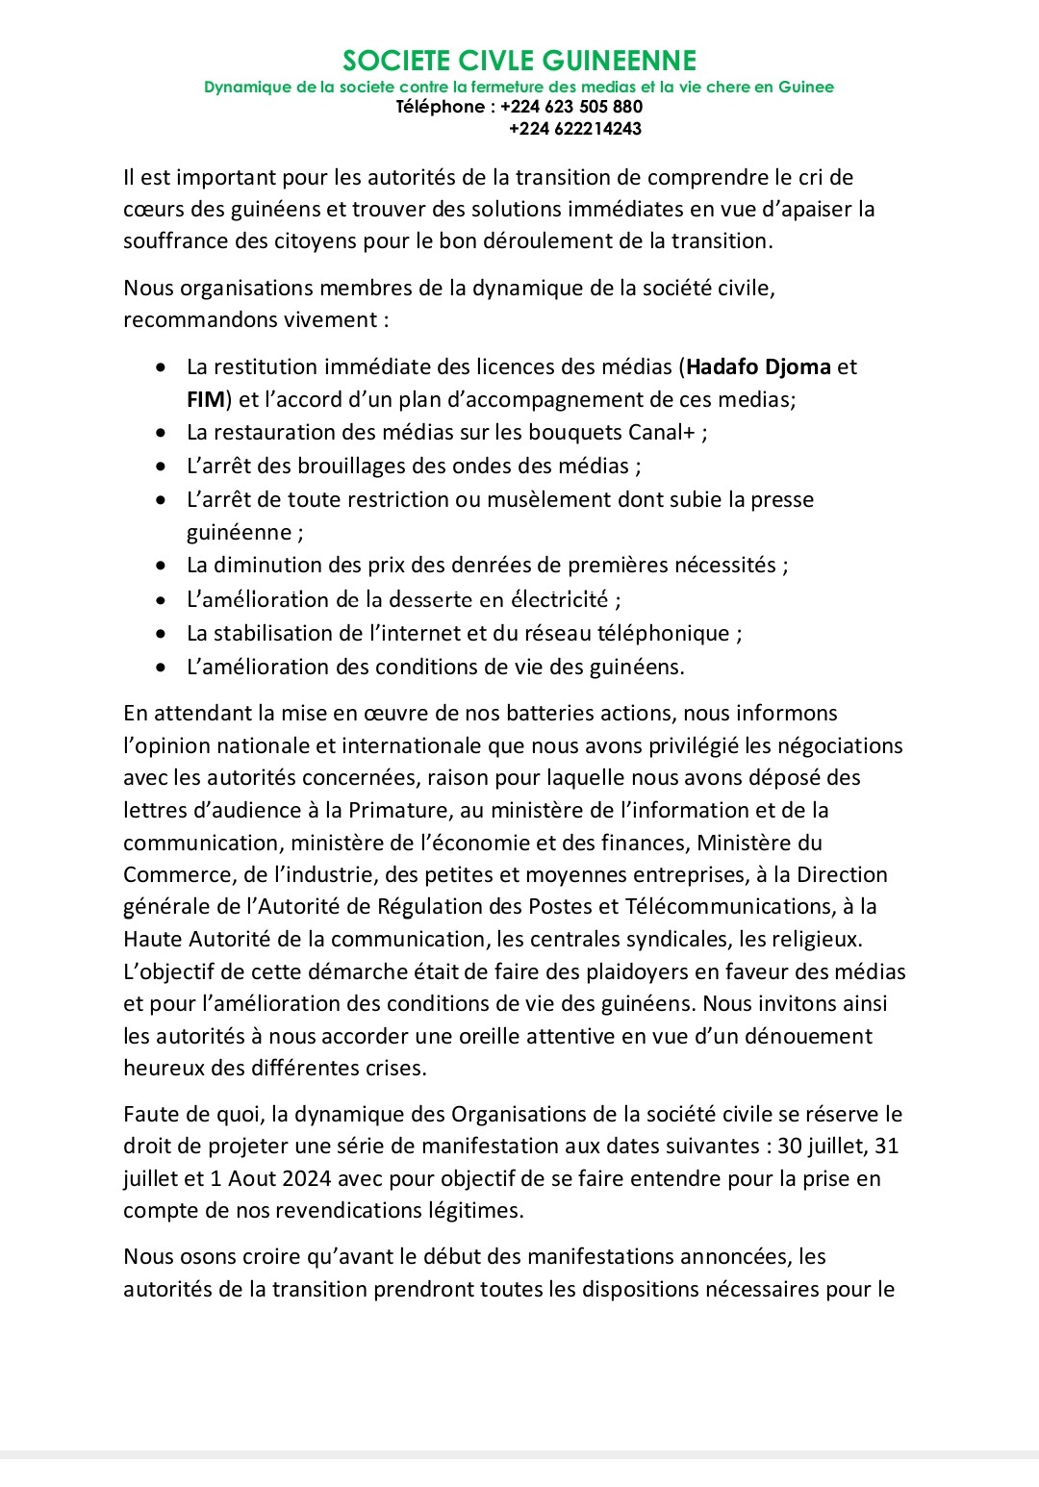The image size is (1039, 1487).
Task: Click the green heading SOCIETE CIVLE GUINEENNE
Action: click(x=519, y=61)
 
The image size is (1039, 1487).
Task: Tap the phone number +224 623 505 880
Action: click(x=571, y=107)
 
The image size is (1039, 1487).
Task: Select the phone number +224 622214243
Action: click(x=575, y=129)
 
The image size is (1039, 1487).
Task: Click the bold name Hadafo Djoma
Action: click(x=758, y=366)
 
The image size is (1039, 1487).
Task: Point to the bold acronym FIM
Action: click(x=205, y=399)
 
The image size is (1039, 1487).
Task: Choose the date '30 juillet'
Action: click(x=824, y=1146)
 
